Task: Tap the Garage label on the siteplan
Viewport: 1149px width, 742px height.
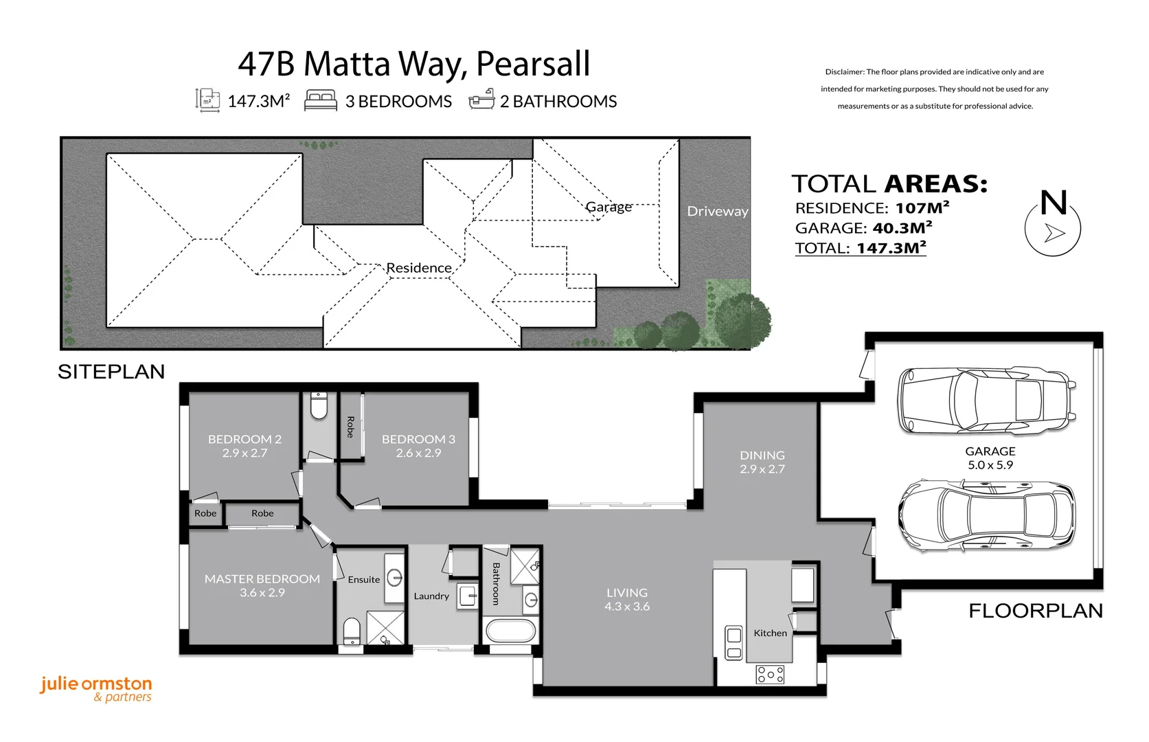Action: pyautogui.click(x=608, y=207)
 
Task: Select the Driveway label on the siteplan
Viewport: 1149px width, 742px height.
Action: pyautogui.click(x=717, y=212)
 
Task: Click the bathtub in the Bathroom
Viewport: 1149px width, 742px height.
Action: pyautogui.click(x=510, y=631)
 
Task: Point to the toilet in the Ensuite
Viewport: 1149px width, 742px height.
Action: pyautogui.click(x=352, y=631)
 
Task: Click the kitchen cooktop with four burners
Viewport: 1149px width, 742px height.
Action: pyautogui.click(x=770, y=675)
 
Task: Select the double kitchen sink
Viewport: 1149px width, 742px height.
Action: pyautogui.click(x=734, y=643)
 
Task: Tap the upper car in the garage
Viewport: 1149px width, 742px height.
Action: pyautogui.click(x=986, y=401)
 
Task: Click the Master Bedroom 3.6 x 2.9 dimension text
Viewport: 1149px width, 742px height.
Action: pyautogui.click(x=262, y=593)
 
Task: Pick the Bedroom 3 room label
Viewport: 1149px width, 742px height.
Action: pyautogui.click(x=418, y=439)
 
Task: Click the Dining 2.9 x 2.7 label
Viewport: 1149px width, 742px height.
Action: pyautogui.click(x=762, y=462)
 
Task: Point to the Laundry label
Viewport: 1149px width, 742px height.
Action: pyautogui.click(x=431, y=596)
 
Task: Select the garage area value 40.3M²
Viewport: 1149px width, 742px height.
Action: pyautogui.click(x=902, y=228)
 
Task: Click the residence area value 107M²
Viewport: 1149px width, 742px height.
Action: pyautogui.click(x=922, y=207)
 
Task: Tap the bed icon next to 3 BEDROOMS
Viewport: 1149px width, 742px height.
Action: pyautogui.click(x=321, y=100)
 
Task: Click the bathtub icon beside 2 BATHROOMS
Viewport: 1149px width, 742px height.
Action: pyautogui.click(x=481, y=100)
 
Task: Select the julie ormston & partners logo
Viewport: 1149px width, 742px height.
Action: pyautogui.click(x=96, y=689)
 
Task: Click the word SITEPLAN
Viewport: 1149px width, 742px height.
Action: pyautogui.click(x=111, y=372)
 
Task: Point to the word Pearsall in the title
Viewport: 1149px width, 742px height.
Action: pyautogui.click(x=533, y=64)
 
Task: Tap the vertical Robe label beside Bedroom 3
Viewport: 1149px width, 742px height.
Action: pyautogui.click(x=350, y=427)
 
